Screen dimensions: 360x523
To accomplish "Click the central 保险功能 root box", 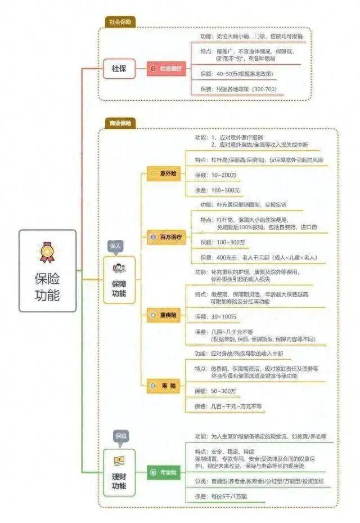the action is tap(47, 271).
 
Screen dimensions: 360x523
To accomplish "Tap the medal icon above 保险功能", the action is tap(47, 252).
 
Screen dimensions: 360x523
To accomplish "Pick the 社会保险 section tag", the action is tap(120, 22).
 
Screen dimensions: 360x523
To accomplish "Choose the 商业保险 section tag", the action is tap(120, 123).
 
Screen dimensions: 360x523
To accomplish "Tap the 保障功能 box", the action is tap(119, 280).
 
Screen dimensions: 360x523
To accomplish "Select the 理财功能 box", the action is tap(119, 472).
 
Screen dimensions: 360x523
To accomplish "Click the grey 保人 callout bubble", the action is tap(115, 246).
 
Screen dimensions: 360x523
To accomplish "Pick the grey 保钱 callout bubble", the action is tap(120, 436).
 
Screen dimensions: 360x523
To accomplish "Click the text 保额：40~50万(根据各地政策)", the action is tap(237, 74).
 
